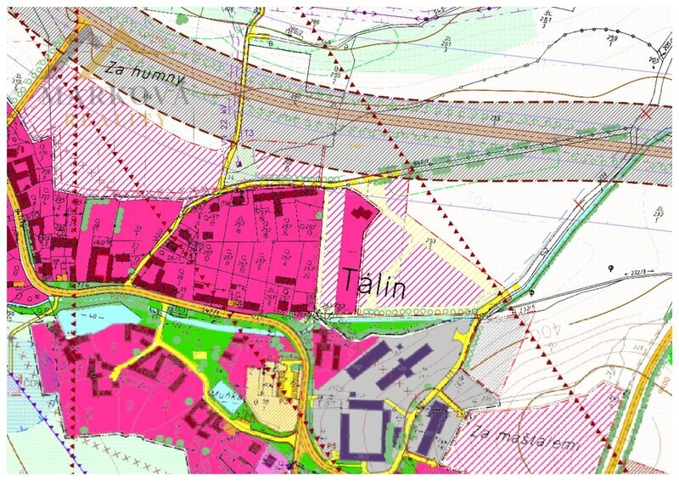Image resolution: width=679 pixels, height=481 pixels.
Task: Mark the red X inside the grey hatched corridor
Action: point(647,111)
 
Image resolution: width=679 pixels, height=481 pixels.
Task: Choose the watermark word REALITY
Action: point(115,119)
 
